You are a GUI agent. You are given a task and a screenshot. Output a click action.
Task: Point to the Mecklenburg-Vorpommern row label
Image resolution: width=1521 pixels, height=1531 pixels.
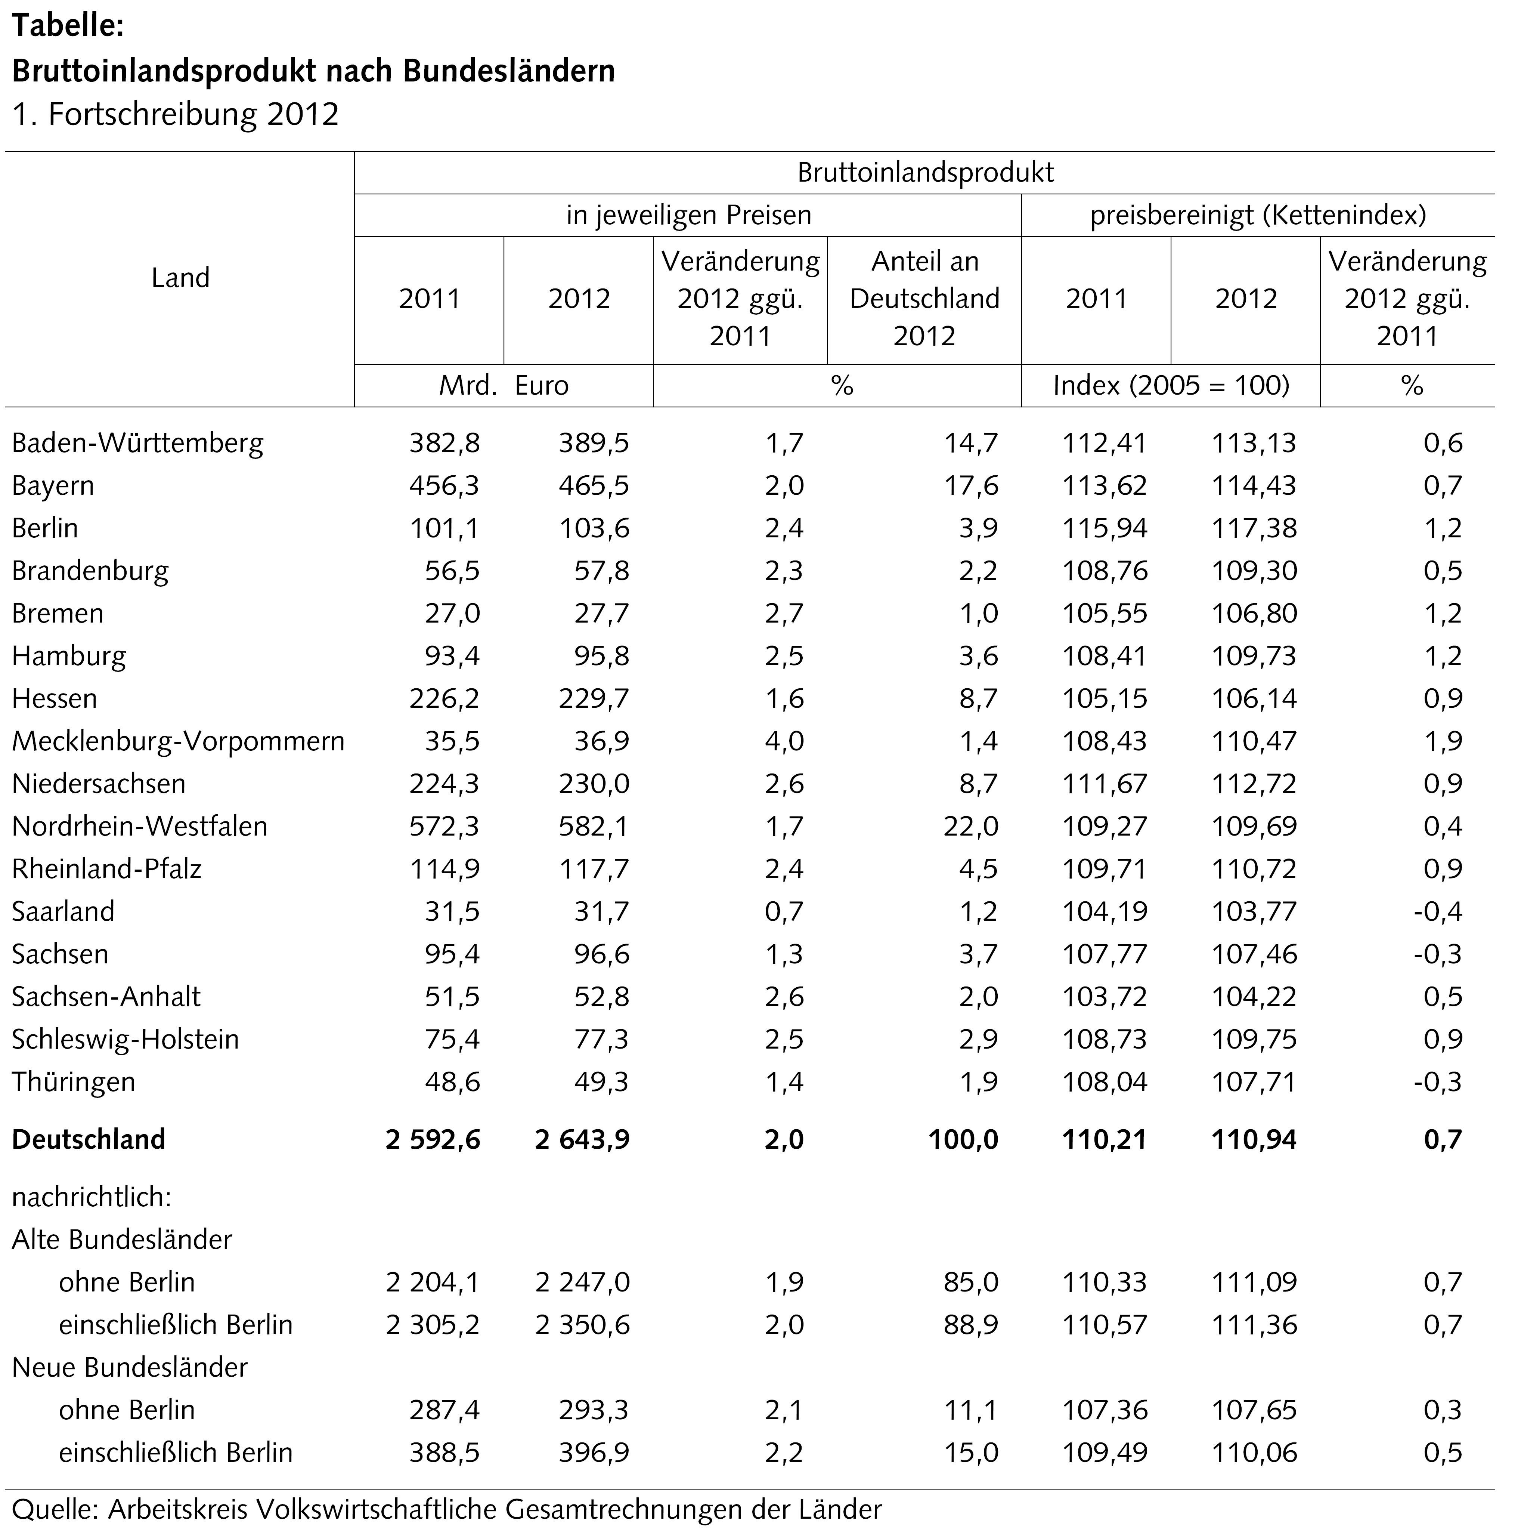tap(178, 741)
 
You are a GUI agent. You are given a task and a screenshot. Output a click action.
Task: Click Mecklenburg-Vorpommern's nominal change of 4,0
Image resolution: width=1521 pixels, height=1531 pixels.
tap(784, 741)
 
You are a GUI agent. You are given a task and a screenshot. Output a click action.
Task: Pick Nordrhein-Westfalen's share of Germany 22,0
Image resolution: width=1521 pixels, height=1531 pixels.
tap(971, 827)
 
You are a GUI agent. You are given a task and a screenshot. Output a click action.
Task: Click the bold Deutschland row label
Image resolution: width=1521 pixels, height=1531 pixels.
tap(89, 1139)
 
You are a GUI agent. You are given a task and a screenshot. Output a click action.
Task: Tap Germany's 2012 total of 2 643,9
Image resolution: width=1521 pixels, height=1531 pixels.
tap(582, 1139)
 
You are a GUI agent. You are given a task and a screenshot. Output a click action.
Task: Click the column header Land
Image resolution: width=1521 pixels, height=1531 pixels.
tap(181, 278)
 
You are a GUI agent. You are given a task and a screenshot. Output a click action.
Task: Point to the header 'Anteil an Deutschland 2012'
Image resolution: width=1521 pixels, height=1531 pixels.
tap(924, 299)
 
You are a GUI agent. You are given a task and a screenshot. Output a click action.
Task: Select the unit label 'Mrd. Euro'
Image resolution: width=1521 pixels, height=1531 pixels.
tap(504, 386)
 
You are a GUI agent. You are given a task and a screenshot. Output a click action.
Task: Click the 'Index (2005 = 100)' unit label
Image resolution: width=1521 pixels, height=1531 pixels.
tap(1171, 386)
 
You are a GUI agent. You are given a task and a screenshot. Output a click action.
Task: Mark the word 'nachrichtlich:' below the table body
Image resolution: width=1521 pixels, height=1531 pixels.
tap(92, 1197)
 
